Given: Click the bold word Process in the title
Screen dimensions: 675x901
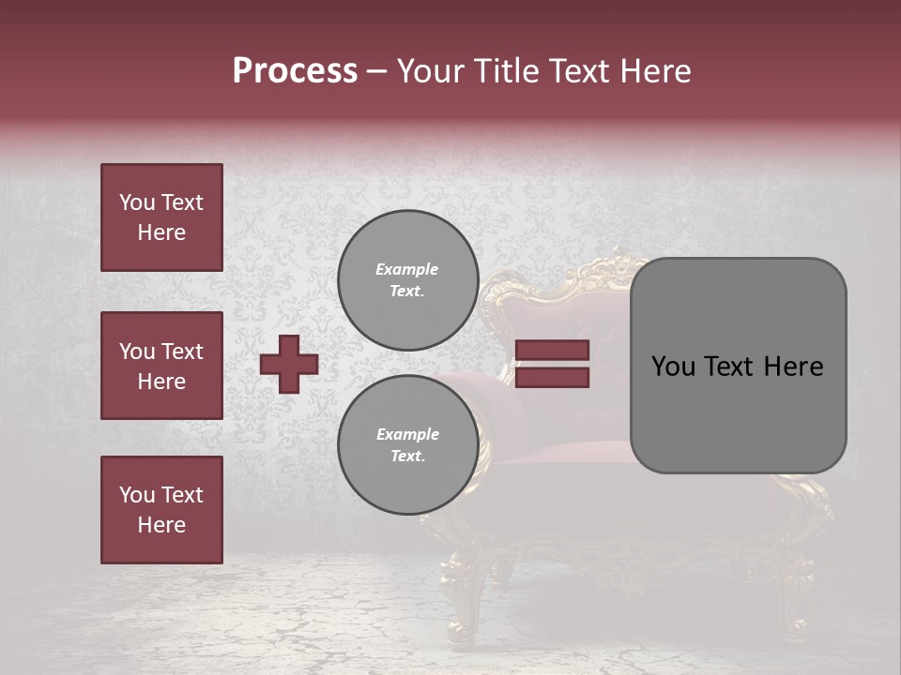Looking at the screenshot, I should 295,71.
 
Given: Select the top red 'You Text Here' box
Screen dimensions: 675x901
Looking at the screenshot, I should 161,217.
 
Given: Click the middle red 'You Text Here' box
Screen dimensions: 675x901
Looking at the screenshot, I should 161,366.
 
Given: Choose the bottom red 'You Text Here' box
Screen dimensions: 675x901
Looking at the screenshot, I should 161,510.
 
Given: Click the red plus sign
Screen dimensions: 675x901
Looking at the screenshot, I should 289,364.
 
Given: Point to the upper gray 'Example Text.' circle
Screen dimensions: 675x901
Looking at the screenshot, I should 407,280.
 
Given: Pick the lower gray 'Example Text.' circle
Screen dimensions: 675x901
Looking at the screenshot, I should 407,445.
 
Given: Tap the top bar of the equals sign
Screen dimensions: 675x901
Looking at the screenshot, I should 552,351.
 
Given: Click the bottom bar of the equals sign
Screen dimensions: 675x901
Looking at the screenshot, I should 552,377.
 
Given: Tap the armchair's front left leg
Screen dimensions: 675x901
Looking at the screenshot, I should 465,614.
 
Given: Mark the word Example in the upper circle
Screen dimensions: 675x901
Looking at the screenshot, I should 407,269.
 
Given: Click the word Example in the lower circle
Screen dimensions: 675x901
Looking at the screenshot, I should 407,434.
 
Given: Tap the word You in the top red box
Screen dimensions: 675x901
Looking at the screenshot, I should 136,202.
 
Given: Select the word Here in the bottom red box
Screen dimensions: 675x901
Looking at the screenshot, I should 161,525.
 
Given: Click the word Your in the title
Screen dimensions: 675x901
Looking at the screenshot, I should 427,71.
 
